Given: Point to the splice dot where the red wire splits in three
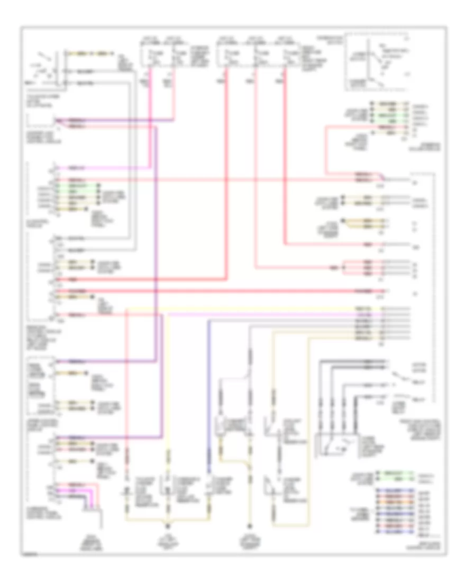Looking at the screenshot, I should click(x=343, y=268).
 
